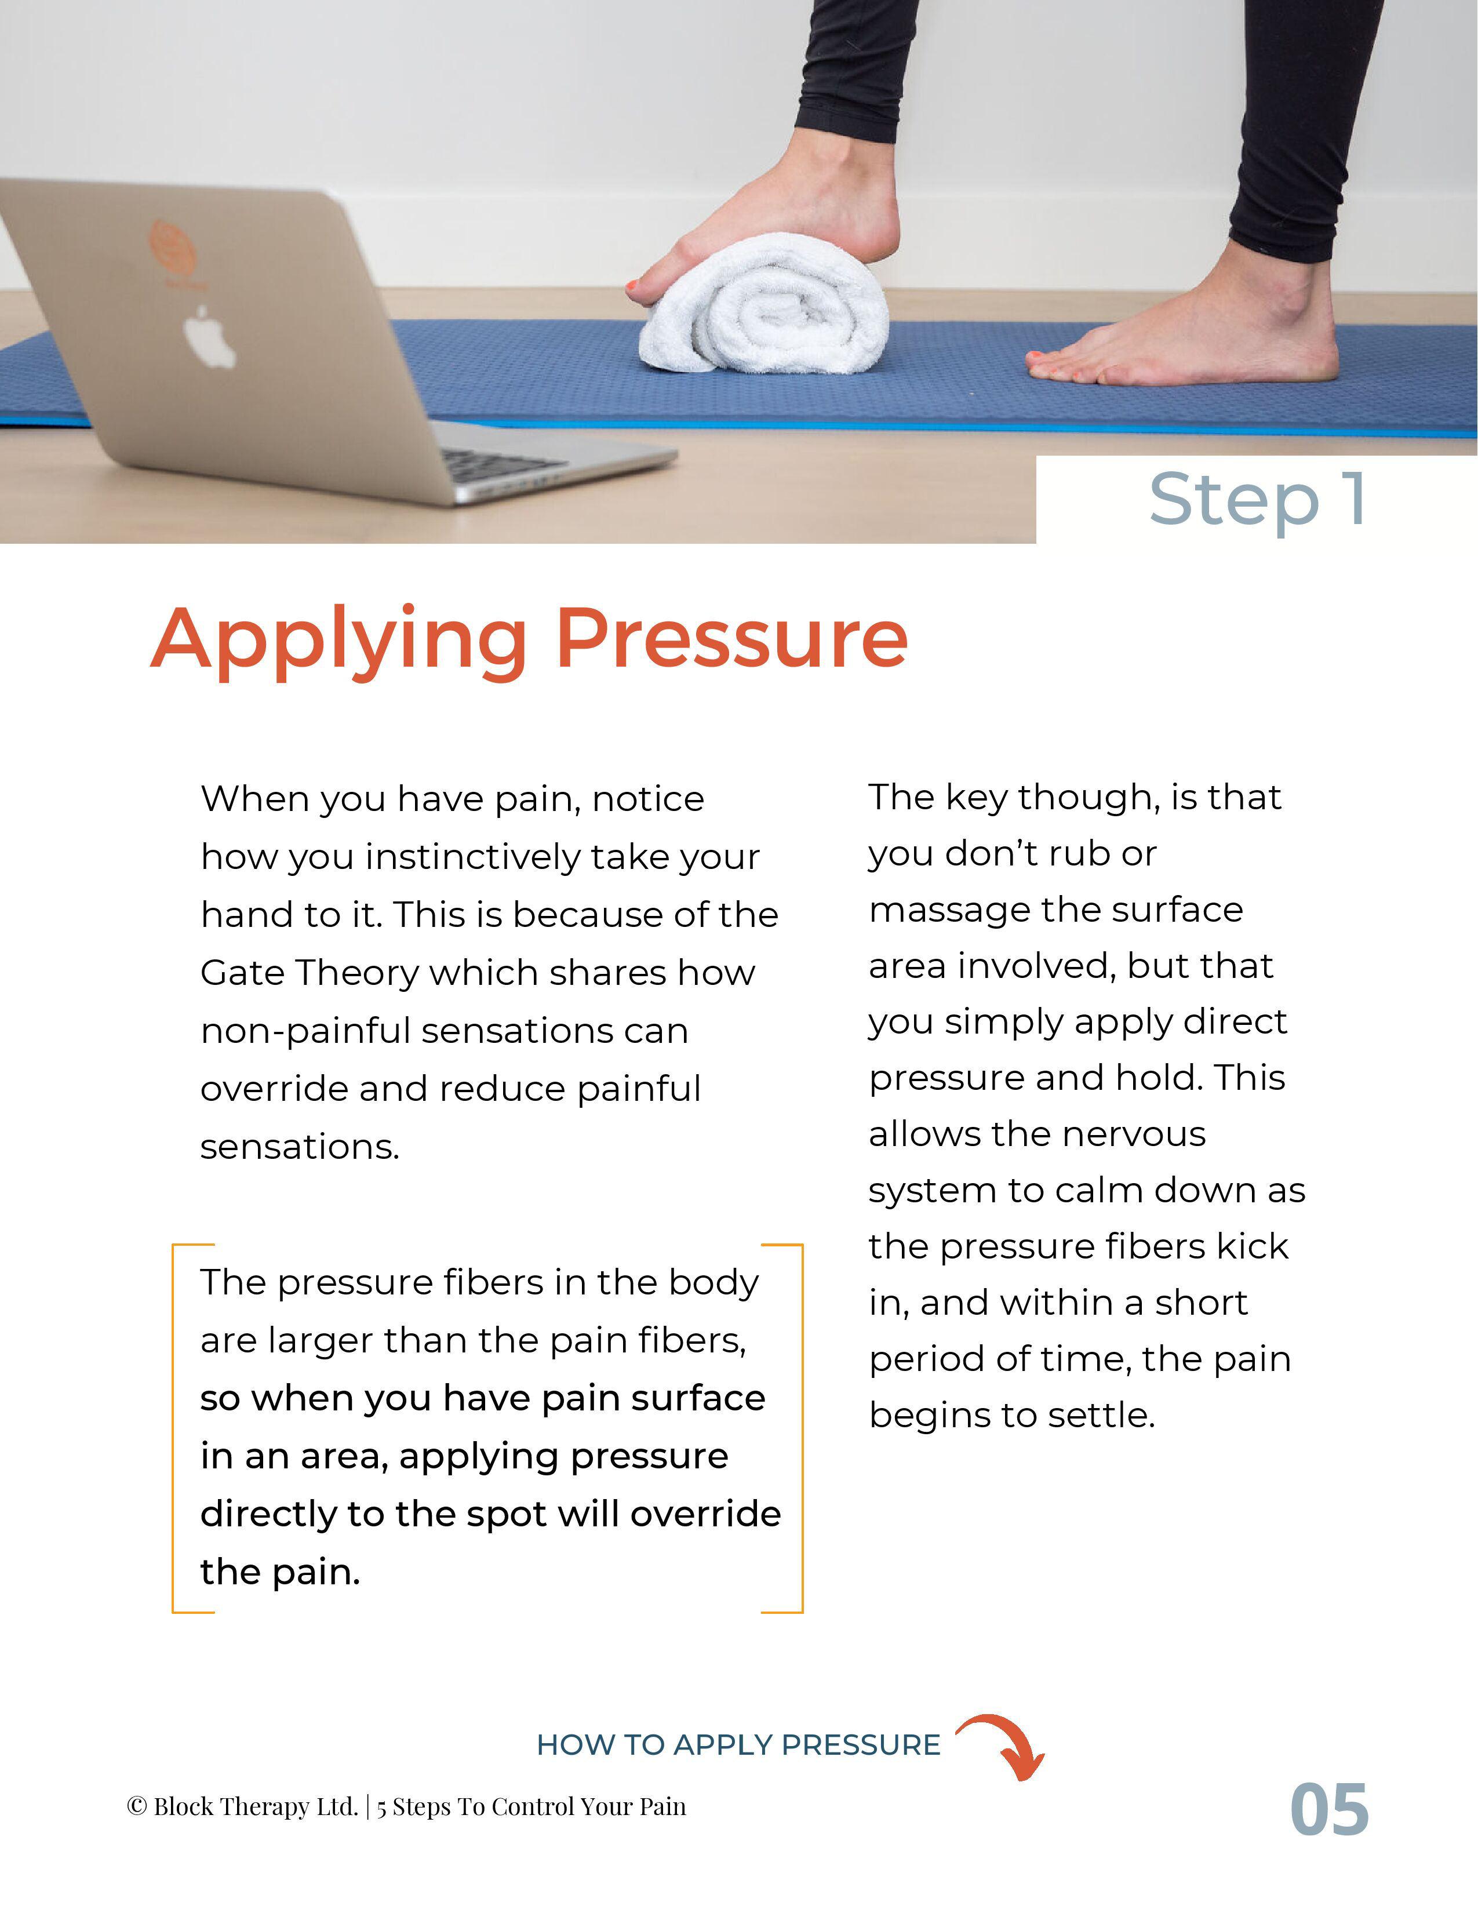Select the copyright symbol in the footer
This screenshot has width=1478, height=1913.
pos(137,1806)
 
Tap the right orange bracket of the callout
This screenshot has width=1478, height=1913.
pos(801,1428)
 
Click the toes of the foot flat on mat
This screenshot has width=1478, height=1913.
pos(1064,366)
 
